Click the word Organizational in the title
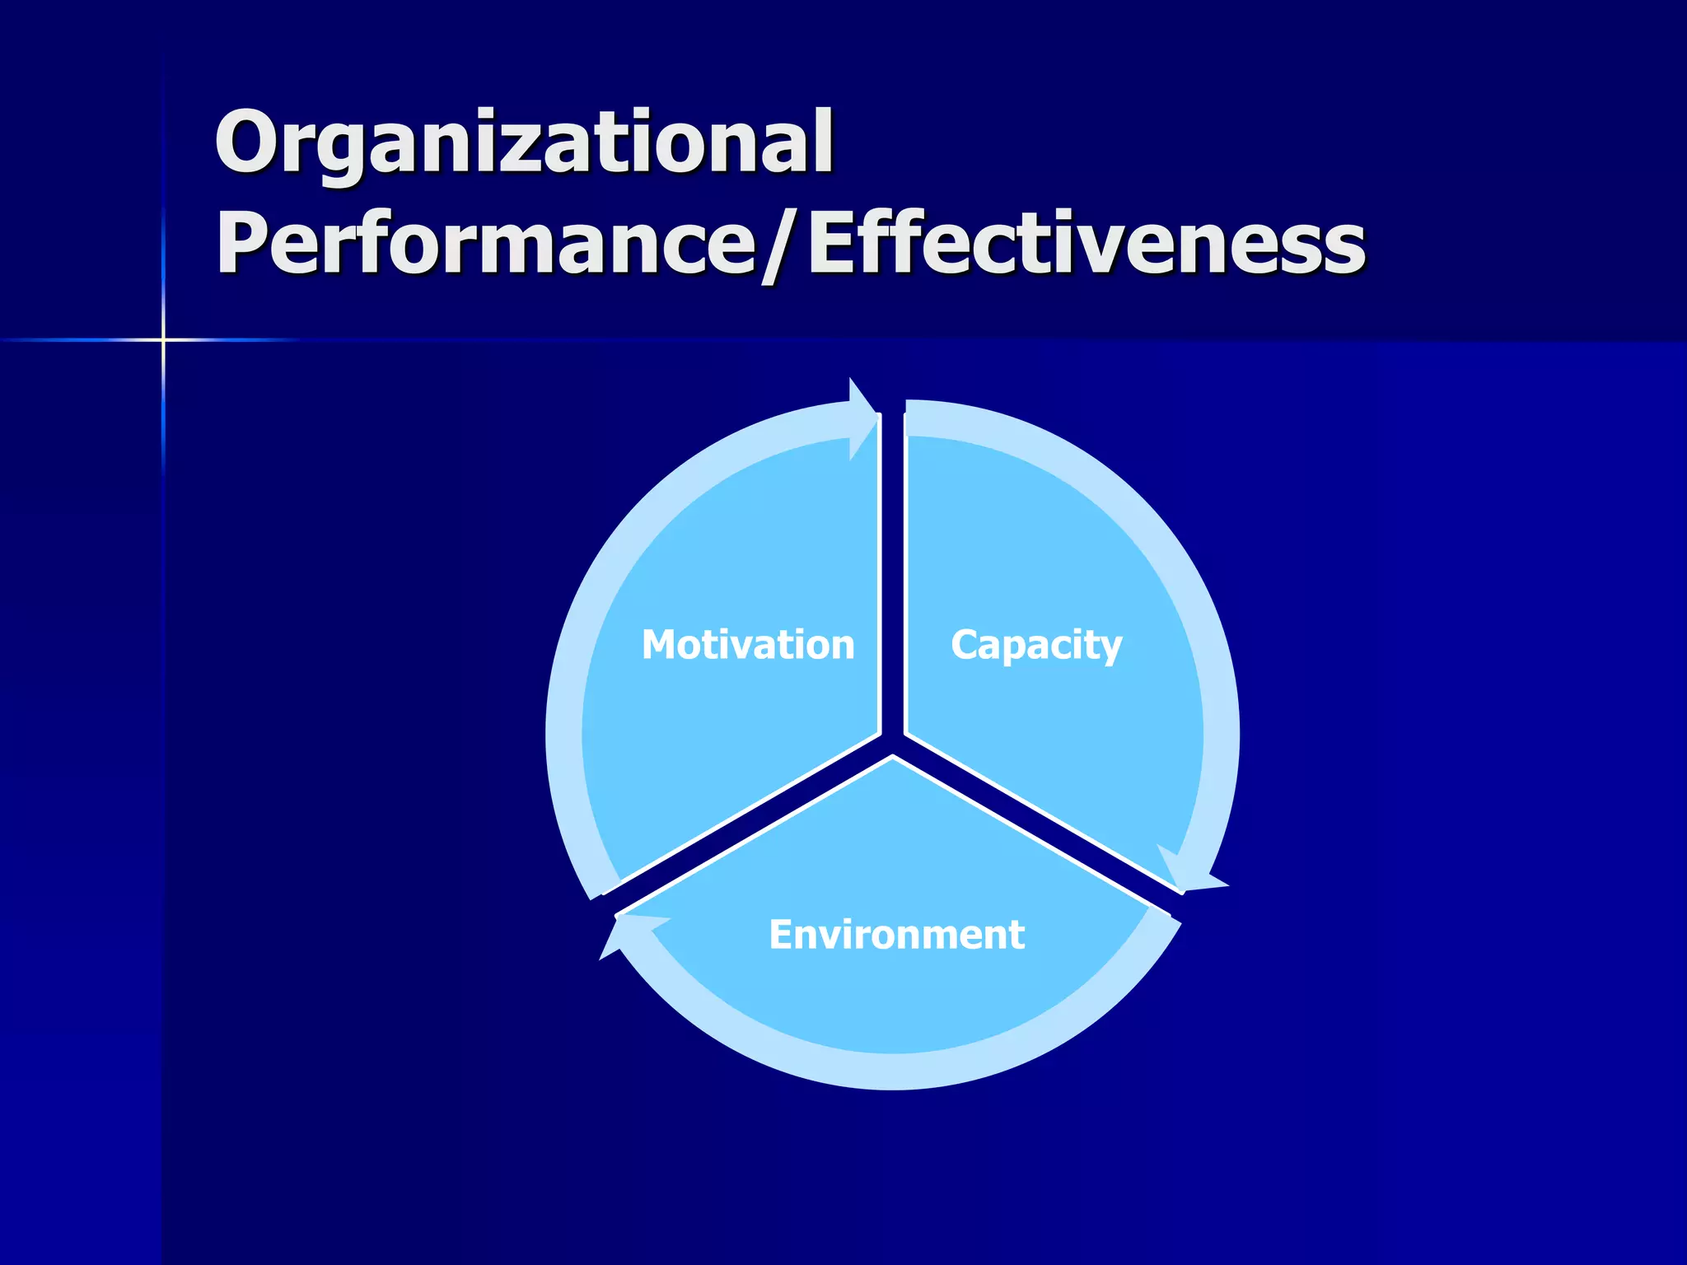(x=524, y=142)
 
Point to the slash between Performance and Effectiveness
(x=779, y=245)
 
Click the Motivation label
(x=748, y=644)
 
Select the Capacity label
(x=1036, y=645)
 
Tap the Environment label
(x=896, y=935)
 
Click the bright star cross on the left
(x=163, y=338)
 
